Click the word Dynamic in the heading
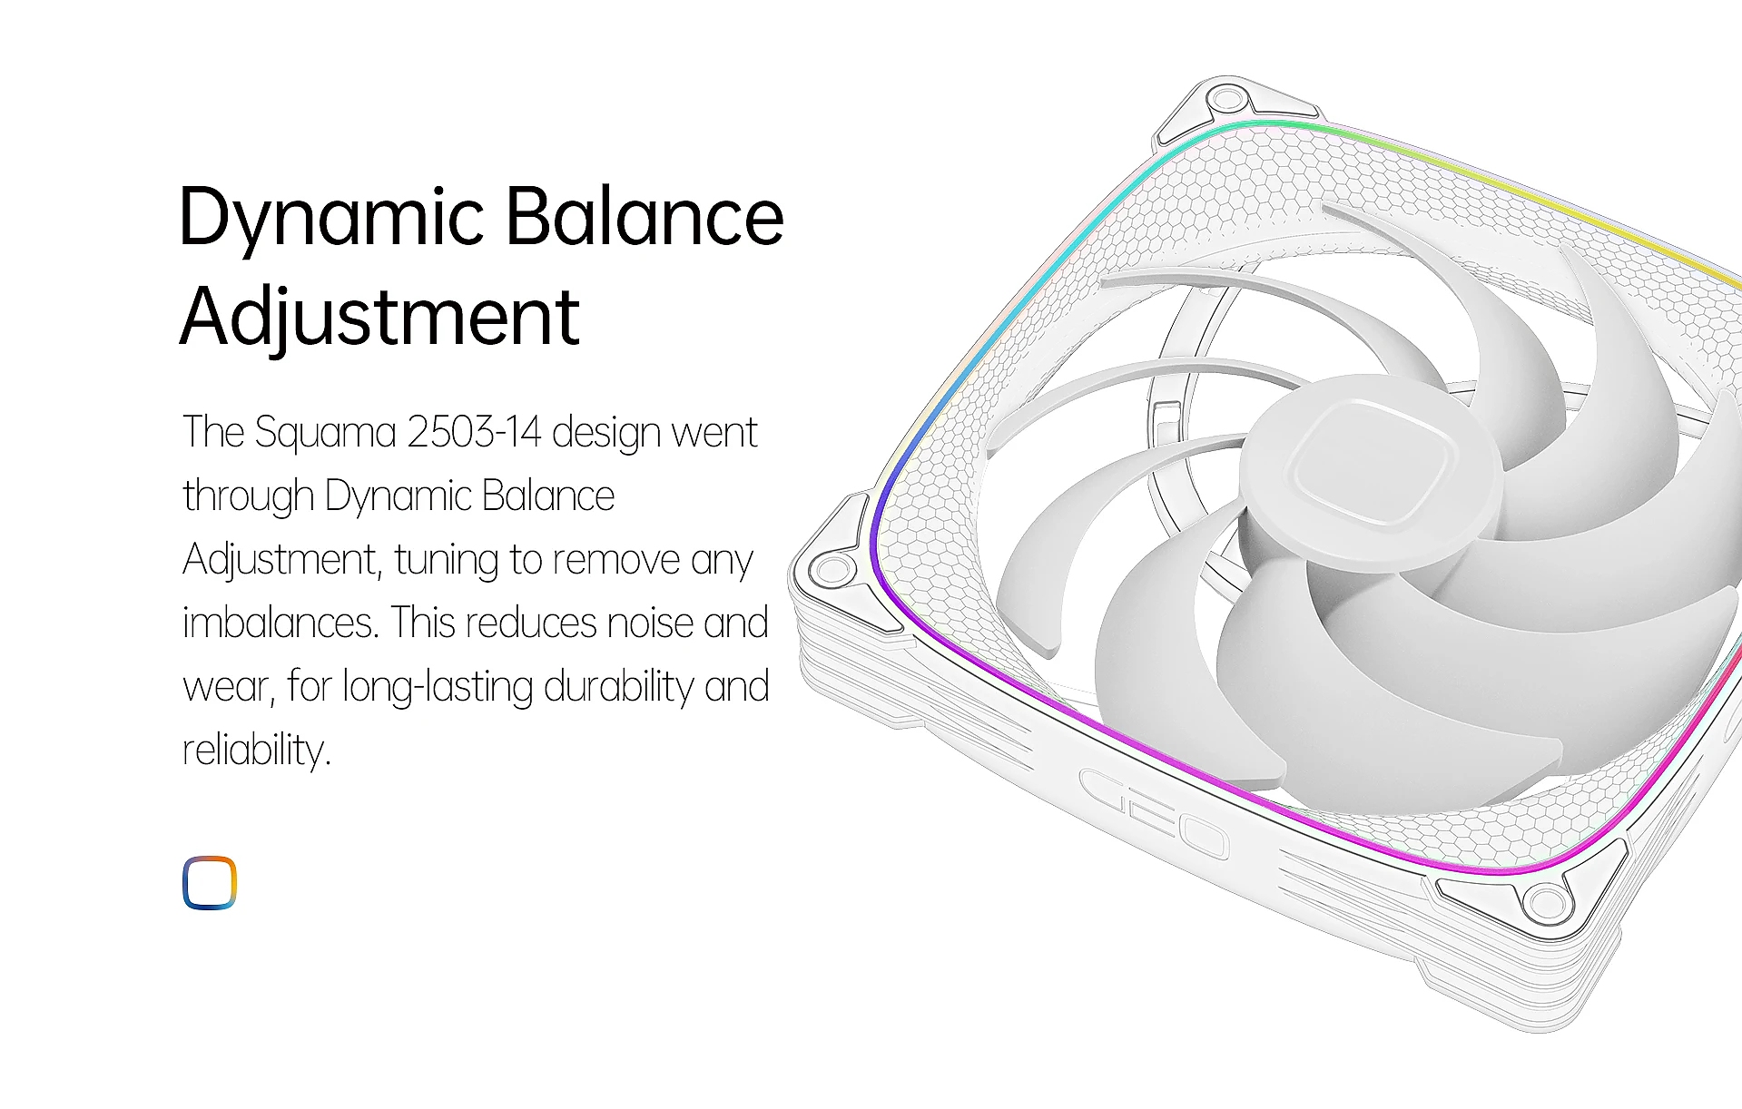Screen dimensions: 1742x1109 pyautogui.click(x=332, y=218)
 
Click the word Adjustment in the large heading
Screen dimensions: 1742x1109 pyautogui.click(x=379, y=318)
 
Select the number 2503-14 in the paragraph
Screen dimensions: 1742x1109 pyautogui.click(x=474, y=432)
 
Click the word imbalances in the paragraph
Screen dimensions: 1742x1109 pyautogui.click(x=280, y=623)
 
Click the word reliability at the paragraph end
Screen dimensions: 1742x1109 pyautogui.click(x=257, y=751)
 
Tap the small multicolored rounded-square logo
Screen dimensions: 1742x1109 pyautogui.click(x=210, y=882)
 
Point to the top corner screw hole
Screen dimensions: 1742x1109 pyautogui.click(x=1226, y=96)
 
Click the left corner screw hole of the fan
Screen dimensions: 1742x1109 pyautogui.click(x=831, y=570)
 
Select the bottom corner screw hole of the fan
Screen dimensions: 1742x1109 pyautogui.click(x=1547, y=902)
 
